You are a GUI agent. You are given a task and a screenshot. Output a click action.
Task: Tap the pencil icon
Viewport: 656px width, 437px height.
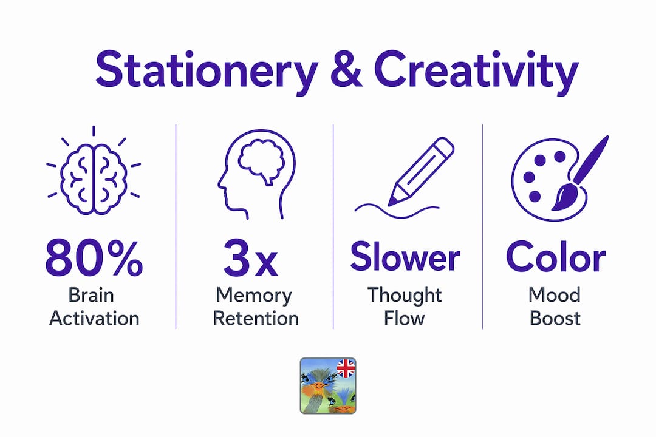[421, 171]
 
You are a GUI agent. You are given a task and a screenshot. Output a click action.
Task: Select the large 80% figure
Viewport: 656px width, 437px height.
[94, 257]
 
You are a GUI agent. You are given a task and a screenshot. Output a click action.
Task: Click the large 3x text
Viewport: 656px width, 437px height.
[251, 257]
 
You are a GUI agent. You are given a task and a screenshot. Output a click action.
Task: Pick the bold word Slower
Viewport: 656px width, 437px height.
[405, 256]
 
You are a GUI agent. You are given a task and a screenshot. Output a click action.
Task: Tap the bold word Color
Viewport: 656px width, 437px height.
[556, 256]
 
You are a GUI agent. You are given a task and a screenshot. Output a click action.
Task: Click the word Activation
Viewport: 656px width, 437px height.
[94, 319]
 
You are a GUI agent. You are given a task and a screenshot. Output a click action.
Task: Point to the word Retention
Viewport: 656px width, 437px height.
[256, 319]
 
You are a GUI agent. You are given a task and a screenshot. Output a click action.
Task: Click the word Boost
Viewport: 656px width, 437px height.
[555, 319]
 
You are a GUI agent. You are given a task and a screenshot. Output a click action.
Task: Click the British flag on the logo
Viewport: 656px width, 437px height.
[346, 368]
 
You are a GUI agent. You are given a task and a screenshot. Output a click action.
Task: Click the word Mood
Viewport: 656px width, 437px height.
[555, 295]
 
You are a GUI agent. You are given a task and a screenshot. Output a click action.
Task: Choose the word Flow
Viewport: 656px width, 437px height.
[404, 319]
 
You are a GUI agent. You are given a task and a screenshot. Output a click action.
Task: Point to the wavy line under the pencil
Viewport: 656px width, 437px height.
[397, 211]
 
